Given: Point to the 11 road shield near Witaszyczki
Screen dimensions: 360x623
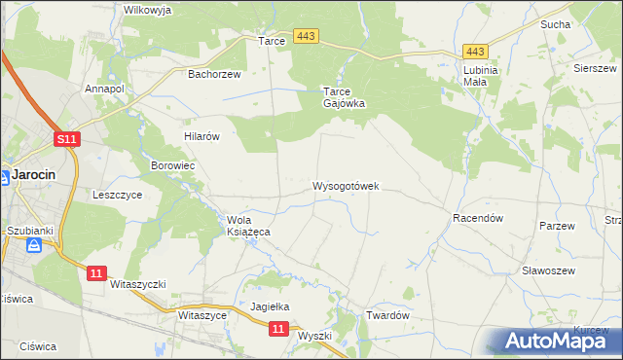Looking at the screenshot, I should [94, 273].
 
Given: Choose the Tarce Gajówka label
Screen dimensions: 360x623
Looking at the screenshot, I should [344, 97].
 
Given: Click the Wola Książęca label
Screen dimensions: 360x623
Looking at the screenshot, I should [248, 226].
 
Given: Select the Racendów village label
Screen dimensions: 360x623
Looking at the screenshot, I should [477, 219].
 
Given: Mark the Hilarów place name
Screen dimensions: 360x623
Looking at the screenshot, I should [202, 137].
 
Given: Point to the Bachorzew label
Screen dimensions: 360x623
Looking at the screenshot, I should [214, 73].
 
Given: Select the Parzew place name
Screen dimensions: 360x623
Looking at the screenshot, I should [557, 225].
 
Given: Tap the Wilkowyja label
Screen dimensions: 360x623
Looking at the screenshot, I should [148, 10].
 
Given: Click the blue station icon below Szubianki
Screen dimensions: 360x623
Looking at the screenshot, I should [36, 245].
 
